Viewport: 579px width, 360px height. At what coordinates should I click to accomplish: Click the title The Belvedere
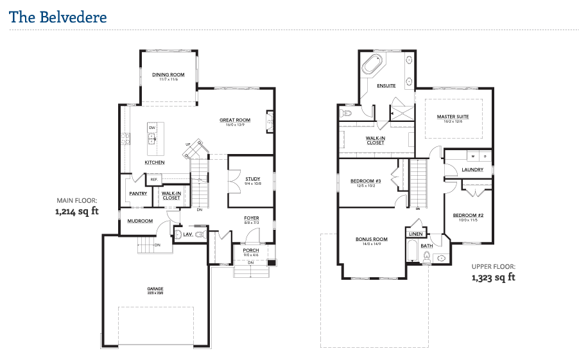[x=58, y=17]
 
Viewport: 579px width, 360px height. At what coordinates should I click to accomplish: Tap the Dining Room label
[x=168, y=74]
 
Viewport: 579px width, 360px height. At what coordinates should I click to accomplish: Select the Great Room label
[x=234, y=120]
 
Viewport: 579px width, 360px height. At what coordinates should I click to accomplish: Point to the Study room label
[x=251, y=178]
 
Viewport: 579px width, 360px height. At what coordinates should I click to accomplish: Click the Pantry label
[x=138, y=193]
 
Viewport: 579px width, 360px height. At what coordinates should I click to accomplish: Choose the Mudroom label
[x=139, y=221]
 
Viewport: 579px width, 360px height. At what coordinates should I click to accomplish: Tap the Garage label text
[x=155, y=289]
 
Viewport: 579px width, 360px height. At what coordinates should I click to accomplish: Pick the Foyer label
[x=252, y=218]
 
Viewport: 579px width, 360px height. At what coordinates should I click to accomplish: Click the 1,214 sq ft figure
[x=77, y=210]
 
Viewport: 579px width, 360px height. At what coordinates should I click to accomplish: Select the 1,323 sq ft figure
[x=494, y=278]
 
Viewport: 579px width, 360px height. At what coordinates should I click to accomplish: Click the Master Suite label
[x=453, y=117]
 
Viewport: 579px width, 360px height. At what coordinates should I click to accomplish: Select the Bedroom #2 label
[x=468, y=215]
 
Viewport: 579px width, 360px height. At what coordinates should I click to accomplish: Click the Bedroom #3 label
[x=366, y=181]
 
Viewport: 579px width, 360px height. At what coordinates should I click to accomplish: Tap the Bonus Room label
[x=372, y=239]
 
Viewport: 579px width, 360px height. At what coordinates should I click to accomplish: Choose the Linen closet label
[x=415, y=234]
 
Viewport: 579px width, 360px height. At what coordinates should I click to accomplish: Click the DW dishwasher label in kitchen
[x=152, y=128]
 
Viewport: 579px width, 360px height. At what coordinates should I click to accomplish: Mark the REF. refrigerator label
[x=154, y=179]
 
